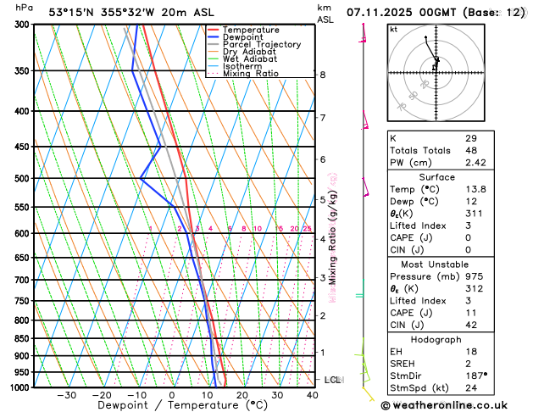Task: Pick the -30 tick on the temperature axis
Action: (67, 395)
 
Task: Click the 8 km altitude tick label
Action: (323, 75)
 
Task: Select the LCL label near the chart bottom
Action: (332, 380)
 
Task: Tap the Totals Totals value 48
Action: (470, 150)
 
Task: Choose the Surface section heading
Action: (436, 176)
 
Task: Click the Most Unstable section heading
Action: (436, 263)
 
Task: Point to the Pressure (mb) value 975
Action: (473, 276)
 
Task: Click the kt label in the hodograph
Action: (393, 30)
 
